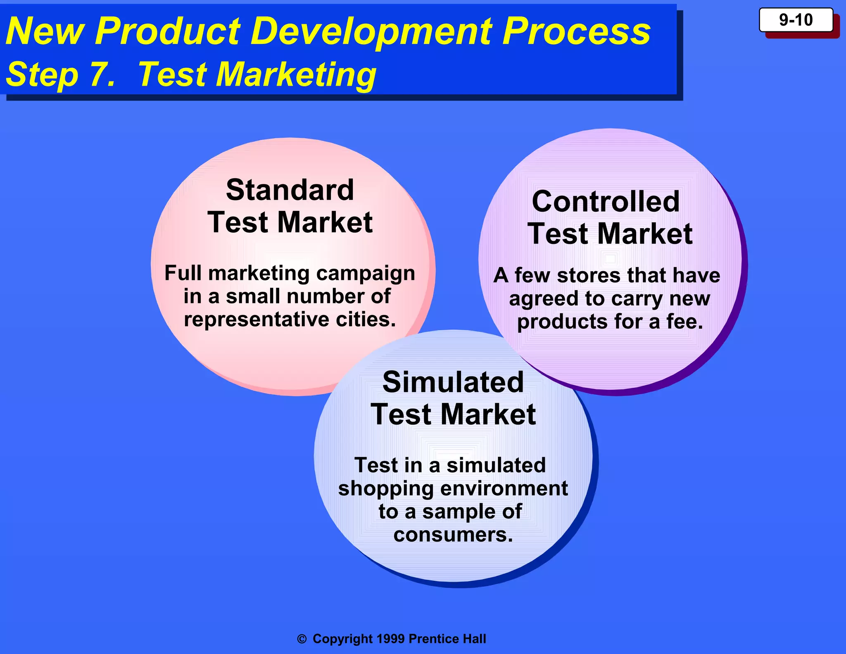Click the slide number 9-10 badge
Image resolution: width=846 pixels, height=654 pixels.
(x=796, y=20)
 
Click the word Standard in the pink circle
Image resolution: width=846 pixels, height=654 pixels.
(x=290, y=190)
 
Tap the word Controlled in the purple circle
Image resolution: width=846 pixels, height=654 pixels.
(x=606, y=202)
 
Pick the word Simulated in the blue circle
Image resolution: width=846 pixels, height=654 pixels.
(x=453, y=382)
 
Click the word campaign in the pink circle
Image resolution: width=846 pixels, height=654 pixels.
(x=365, y=273)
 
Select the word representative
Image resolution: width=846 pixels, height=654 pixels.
(x=257, y=320)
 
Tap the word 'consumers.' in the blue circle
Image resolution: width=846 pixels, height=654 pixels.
(x=453, y=535)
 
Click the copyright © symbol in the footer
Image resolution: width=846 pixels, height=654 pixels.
(x=302, y=639)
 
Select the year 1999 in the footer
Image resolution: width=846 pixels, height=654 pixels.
(x=390, y=639)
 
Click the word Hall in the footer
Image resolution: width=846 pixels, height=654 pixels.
(x=474, y=639)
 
